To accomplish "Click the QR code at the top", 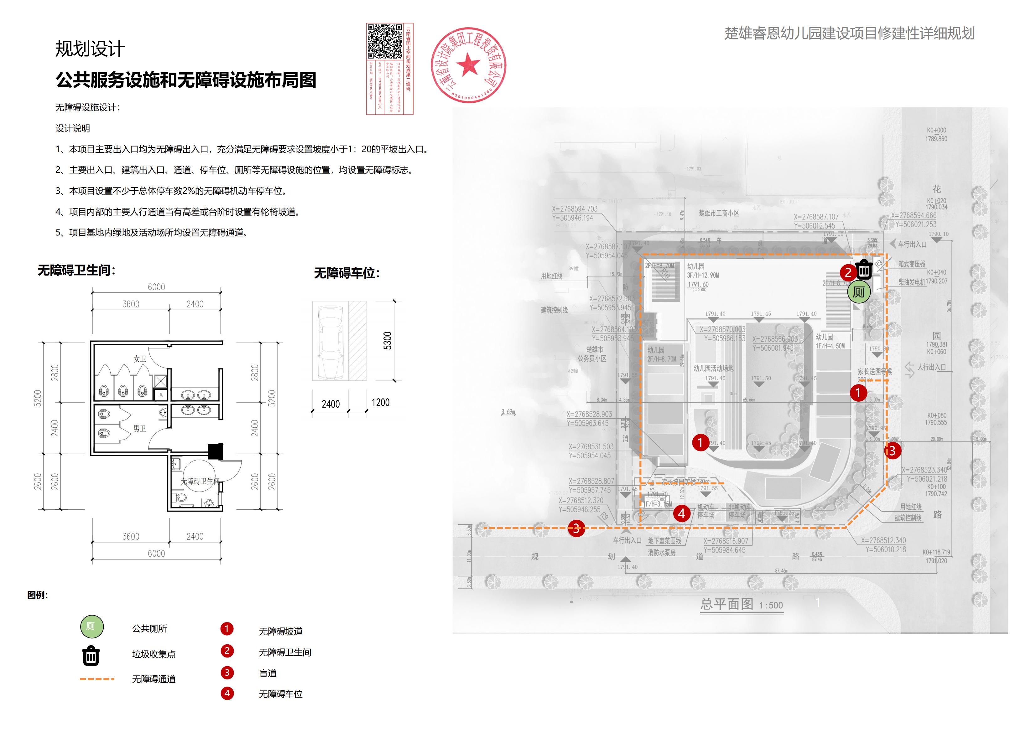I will pyautogui.click(x=384, y=42).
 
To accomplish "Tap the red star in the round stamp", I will pyautogui.click(x=468, y=64).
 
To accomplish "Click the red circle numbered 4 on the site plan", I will pyautogui.click(x=681, y=513).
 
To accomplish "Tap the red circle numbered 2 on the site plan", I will pyautogui.click(x=847, y=272).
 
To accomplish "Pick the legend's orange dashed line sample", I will pyautogui.click(x=97, y=679).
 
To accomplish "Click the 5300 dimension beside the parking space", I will pyautogui.click(x=388, y=341).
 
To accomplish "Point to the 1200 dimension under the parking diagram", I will pyautogui.click(x=380, y=402).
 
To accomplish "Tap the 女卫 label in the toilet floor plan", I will pyautogui.click(x=140, y=359).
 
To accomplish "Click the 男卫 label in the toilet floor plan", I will pyautogui.click(x=139, y=429).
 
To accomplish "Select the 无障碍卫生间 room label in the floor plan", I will pyautogui.click(x=200, y=481).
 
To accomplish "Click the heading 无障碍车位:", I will pyautogui.click(x=346, y=273).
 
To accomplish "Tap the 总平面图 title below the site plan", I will pyautogui.click(x=726, y=604).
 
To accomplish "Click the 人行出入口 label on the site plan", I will pyautogui.click(x=931, y=367).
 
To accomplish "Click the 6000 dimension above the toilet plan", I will pyautogui.click(x=156, y=287).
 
